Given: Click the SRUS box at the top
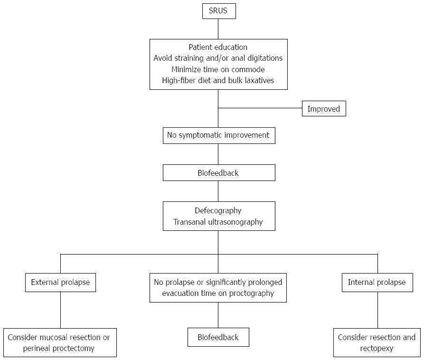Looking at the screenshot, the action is point(219,11).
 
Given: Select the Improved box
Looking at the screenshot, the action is point(324,109).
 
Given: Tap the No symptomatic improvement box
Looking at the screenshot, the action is point(219,135).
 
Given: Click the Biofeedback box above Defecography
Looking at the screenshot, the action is point(219,172).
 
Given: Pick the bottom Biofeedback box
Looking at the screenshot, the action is point(218,337).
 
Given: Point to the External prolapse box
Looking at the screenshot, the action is point(60,283).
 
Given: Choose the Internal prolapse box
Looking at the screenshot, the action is point(377,283).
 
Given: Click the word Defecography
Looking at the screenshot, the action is point(218,211).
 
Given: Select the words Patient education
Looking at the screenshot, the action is point(218,47).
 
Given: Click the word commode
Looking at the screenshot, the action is point(248,69).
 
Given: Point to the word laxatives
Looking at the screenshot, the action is point(259,80).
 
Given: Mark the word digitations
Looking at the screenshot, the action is point(265,58).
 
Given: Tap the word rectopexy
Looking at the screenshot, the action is point(377,349).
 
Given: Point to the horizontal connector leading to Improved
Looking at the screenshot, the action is point(260,108).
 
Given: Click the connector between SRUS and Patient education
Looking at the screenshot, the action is point(218,29).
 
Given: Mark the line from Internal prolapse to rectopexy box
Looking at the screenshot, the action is point(377,310).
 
